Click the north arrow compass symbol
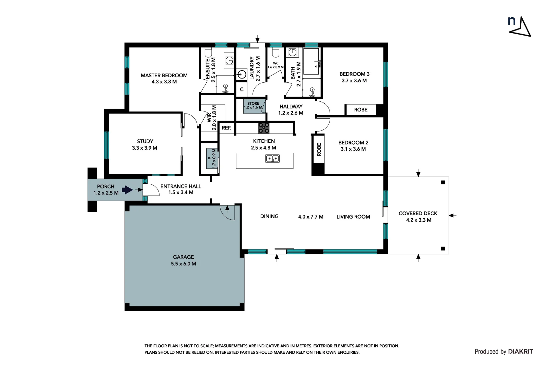point(520,26)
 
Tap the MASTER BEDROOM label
point(164,76)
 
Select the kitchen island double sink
point(272,159)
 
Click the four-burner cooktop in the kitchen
point(264,128)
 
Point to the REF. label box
point(226,128)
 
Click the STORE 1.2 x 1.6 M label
point(253,105)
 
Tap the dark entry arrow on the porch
point(127,190)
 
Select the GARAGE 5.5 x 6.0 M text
point(183,260)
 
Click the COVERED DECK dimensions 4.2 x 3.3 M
point(418,220)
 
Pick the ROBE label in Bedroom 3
point(360,110)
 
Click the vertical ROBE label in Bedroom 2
point(319,149)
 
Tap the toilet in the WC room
point(276,53)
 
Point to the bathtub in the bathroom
point(311,61)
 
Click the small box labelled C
point(242,90)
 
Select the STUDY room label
point(145,141)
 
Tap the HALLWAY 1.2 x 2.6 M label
point(291,110)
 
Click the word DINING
point(269,216)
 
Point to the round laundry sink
point(242,74)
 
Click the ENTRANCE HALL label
point(181,186)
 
